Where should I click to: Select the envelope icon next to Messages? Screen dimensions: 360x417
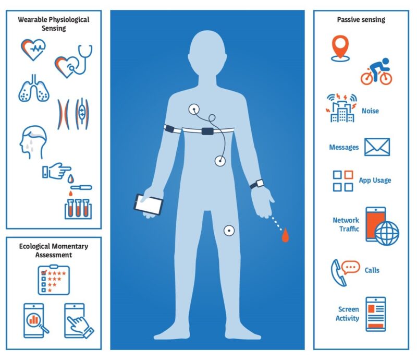coord(377,147)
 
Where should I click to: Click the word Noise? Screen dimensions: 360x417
coord(370,111)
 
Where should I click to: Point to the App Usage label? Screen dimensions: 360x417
coord(374,181)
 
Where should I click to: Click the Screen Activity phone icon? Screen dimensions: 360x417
coord(375,313)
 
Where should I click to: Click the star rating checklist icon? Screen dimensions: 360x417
coord(53,280)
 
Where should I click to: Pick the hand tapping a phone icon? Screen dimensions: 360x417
coord(79,320)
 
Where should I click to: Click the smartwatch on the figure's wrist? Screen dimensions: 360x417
coord(257,184)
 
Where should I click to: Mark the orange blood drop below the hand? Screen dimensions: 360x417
coord(284,237)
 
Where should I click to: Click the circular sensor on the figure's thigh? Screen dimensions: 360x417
coord(228,230)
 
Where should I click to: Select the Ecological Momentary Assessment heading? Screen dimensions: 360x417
coord(54,250)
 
